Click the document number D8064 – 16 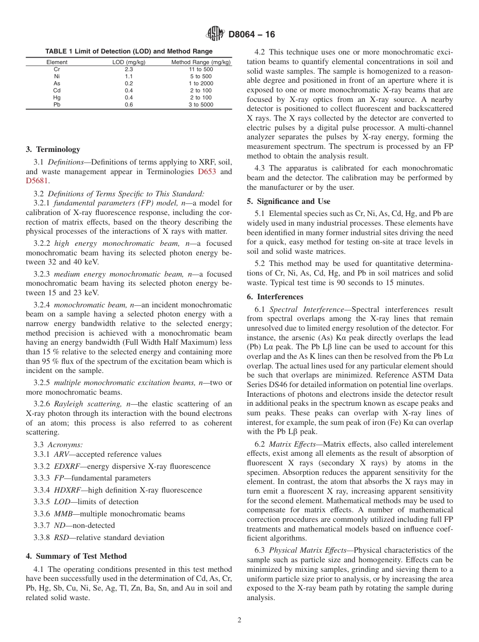click(252, 35)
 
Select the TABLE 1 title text click(129, 51)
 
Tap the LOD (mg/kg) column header click(129, 63)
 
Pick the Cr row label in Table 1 click(57, 70)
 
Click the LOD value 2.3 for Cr click(129, 70)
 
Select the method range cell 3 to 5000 click(201, 105)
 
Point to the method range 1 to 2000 click(201, 84)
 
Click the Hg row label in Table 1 click(57, 98)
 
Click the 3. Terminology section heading click(53, 149)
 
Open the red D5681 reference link click(37, 181)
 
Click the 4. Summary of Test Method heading click(76, 556)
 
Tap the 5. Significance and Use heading click(288, 201)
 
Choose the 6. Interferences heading click(275, 297)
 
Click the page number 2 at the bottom click(239, 620)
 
